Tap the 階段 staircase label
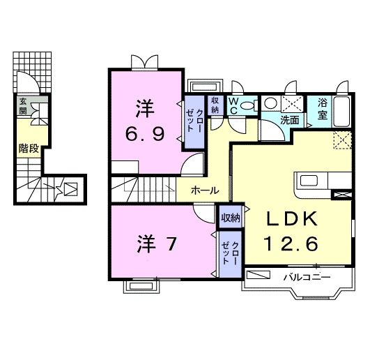tap(28, 148)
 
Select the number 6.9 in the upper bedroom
tap(146, 133)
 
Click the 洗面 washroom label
tap(290, 120)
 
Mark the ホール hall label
tap(205, 190)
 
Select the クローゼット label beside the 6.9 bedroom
tap(195, 121)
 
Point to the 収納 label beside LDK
tap(231, 218)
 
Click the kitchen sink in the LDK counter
tap(308, 181)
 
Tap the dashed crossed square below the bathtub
tap(341, 140)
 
